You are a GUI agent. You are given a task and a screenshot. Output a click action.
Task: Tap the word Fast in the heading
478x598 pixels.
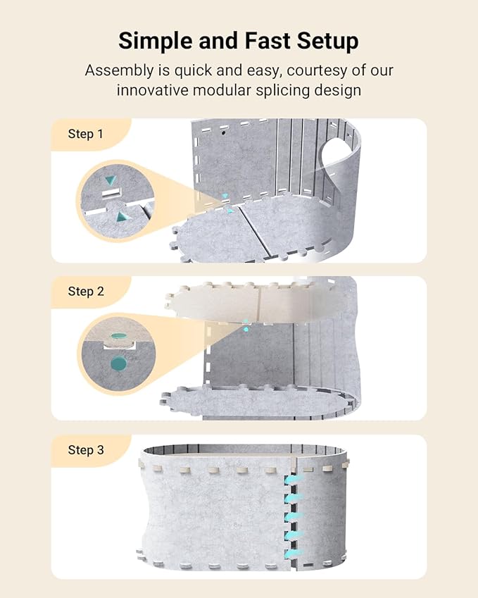(x=268, y=41)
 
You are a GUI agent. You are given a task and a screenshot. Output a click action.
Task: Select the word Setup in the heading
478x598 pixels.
(x=331, y=41)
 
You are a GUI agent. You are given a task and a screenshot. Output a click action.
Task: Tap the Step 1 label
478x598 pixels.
(x=85, y=133)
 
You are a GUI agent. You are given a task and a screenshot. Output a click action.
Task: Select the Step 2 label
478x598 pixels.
(x=86, y=291)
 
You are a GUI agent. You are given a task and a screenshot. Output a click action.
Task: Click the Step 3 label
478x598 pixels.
(x=86, y=449)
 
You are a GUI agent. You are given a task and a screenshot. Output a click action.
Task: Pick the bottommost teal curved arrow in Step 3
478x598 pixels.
(x=291, y=550)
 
